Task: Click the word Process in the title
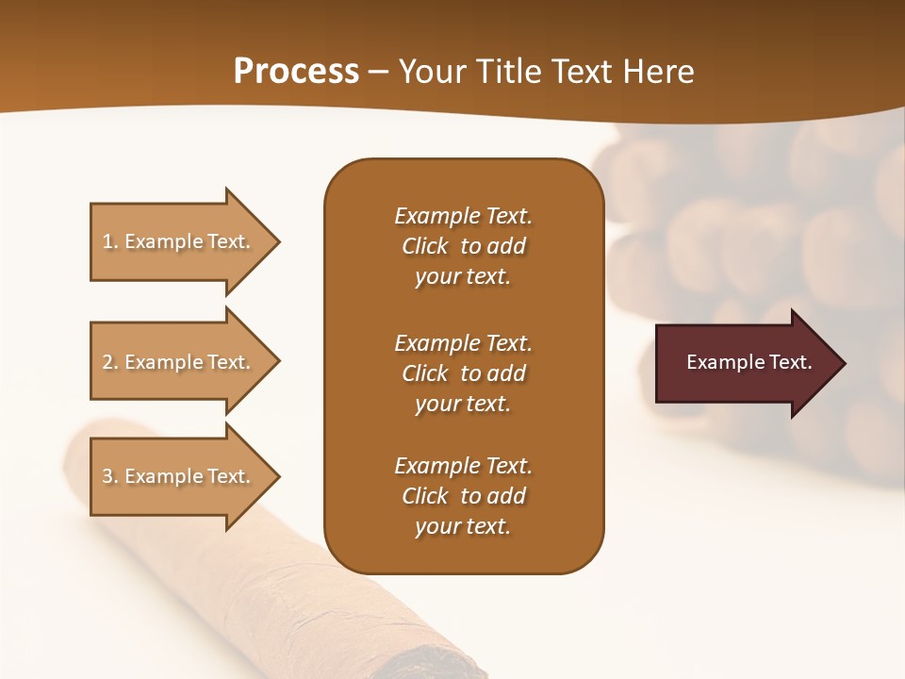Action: pyautogui.click(x=296, y=72)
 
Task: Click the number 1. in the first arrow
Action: pyautogui.click(x=110, y=241)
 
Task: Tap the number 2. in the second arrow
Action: pyautogui.click(x=110, y=362)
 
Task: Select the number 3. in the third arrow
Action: pyautogui.click(x=110, y=476)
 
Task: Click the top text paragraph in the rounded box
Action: pyautogui.click(x=463, y=246)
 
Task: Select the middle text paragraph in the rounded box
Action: pyautogui.click(x=463, y=373)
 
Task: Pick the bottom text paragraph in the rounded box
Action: pyautogui.click(x=463, y=496)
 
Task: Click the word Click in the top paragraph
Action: pyautogui.click(x=425, y=246)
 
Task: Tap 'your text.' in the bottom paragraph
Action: pyautogui.click(x=463, y=527)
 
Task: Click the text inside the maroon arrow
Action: pyautogui.click(x=749, y=362)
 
